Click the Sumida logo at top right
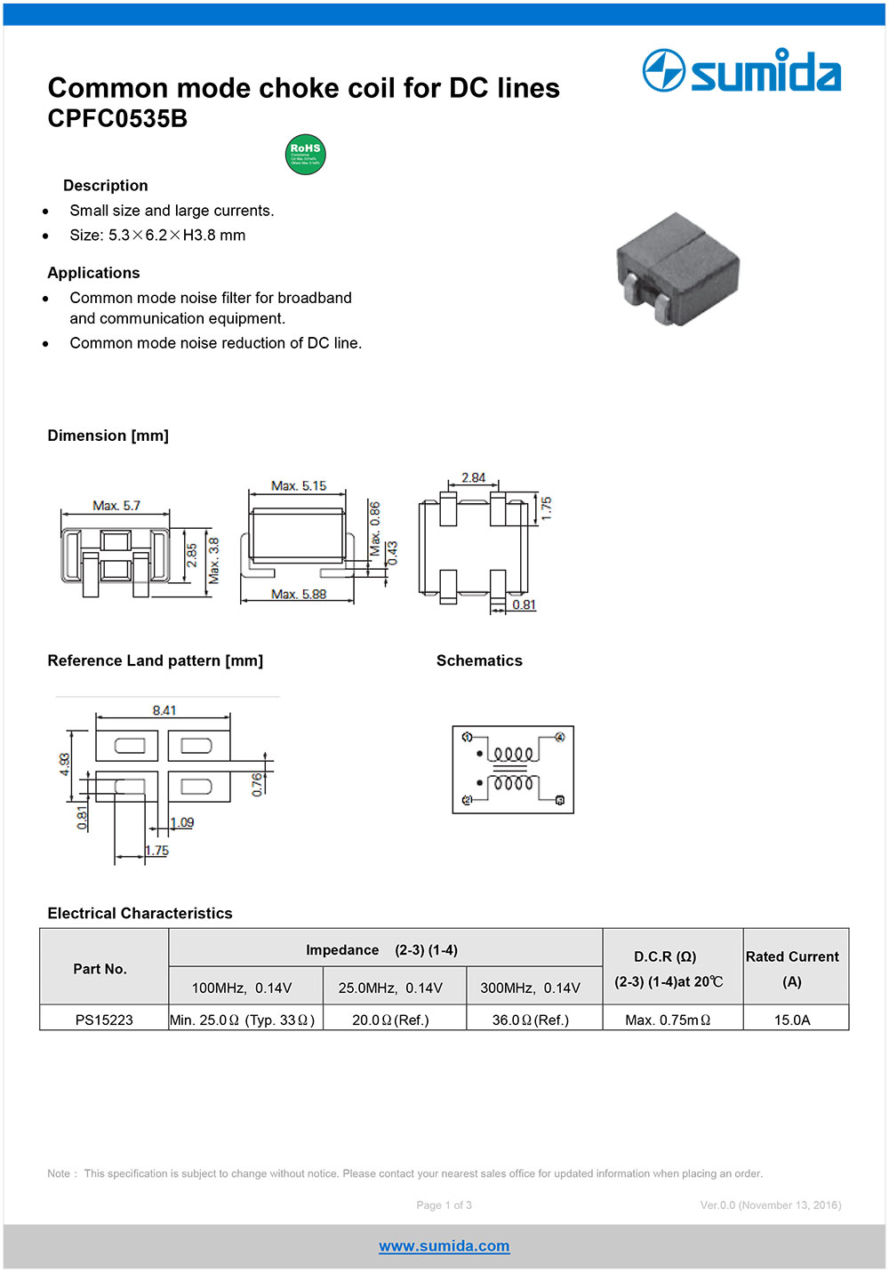(741, 71)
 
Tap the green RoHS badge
(305, 155)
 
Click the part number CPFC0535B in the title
(117, 119)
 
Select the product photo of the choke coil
(678, 268)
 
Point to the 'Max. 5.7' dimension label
(116, 506)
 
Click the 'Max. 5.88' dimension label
(299, 594)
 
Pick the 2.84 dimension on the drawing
(473, 478)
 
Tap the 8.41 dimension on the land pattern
(164, 710)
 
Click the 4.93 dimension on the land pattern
(65, 764)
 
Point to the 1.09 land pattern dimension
(182, 822)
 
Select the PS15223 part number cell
(104, 1020)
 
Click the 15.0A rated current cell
(792, 1020)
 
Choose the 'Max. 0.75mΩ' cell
(668, 1020)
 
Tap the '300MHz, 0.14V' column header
(530, 988)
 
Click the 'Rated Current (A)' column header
(792, 968)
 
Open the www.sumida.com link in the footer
(444, 1246)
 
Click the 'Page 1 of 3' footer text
(444, 1205)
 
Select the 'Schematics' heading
(479, 660)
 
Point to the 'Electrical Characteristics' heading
(140, 913)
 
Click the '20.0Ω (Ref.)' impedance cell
(390, 1020)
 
